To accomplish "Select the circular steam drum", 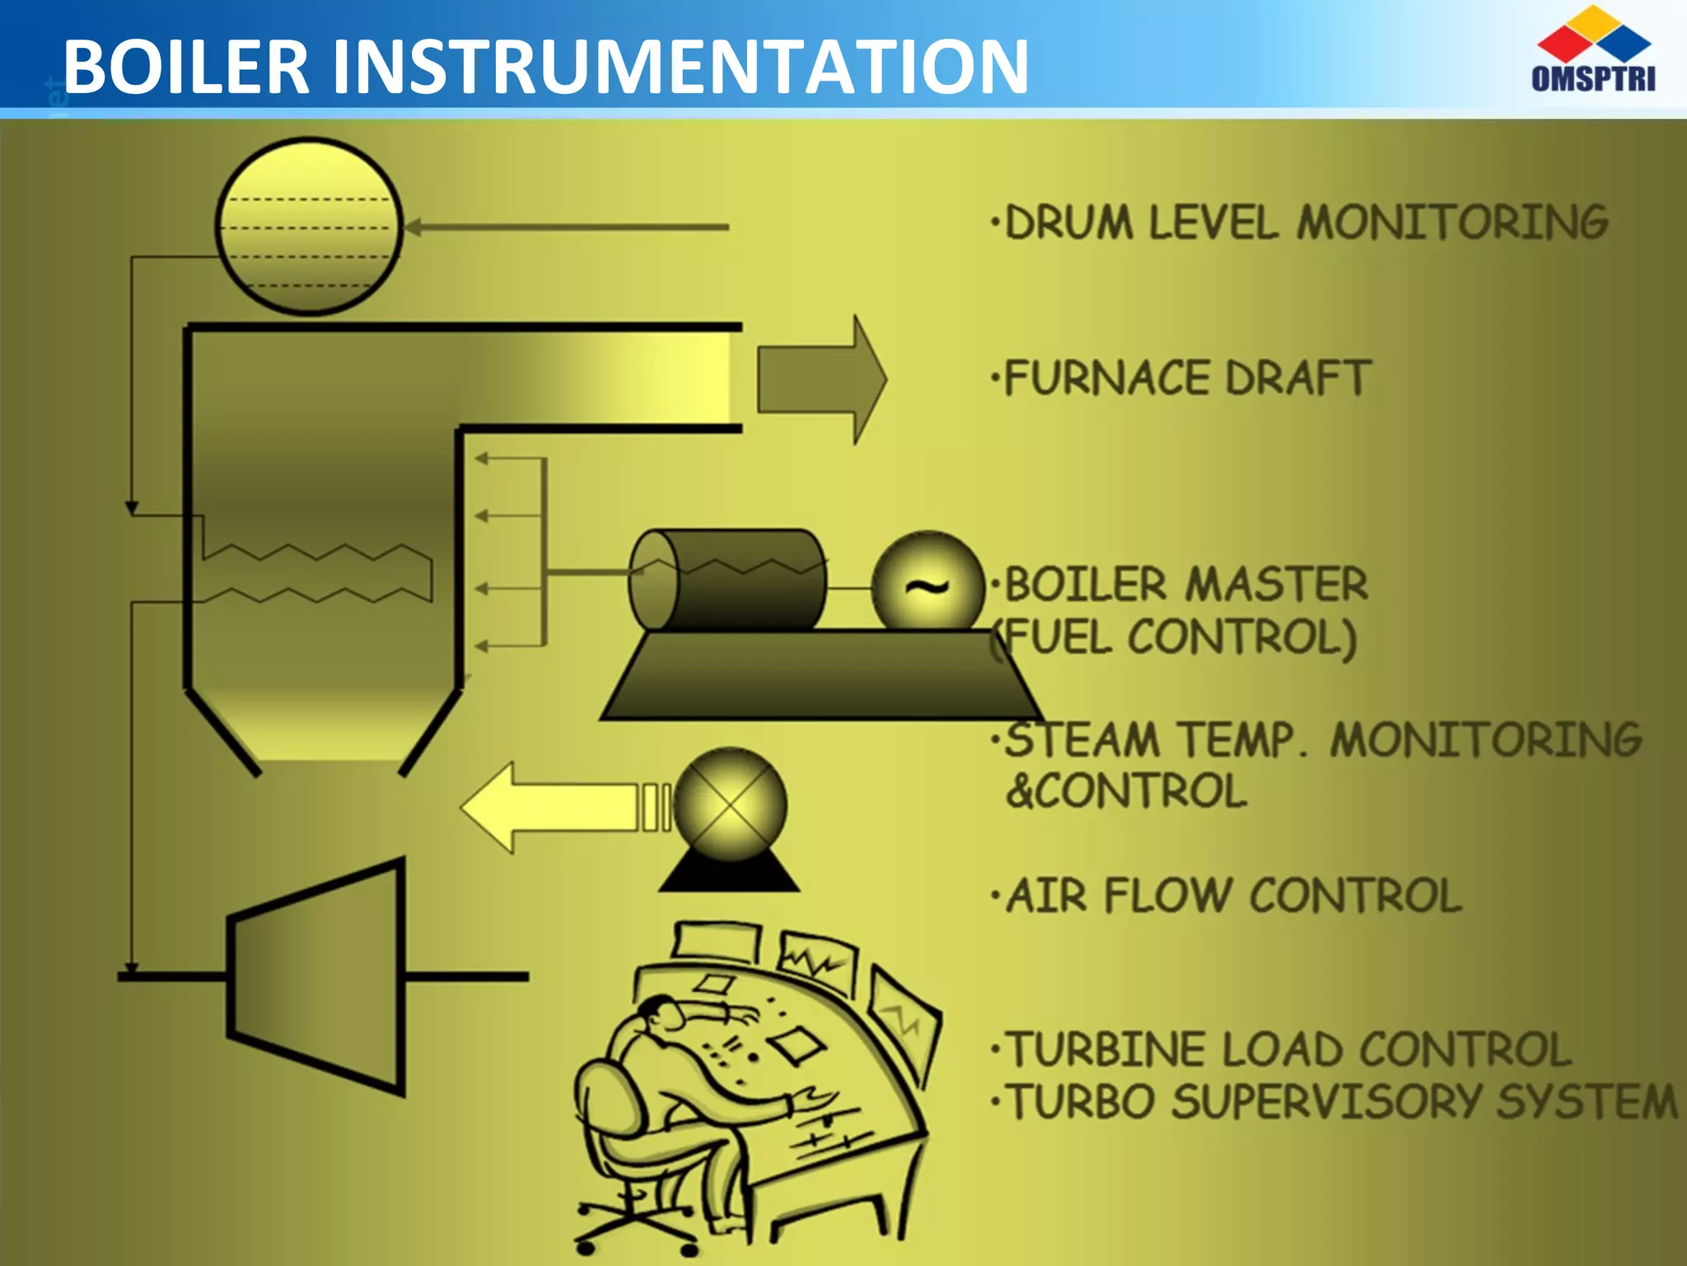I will (309, 226).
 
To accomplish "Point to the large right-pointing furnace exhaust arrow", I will (820, 379).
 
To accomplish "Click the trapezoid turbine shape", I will (317, 977).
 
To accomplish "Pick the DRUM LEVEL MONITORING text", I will (1306, 223).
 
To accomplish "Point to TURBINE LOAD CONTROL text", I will (1289, 1050).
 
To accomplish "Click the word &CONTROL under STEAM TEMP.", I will (1126, 791).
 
